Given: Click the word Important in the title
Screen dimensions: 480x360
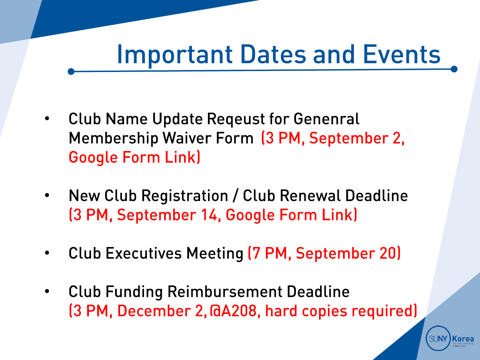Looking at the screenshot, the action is tap(175, 55).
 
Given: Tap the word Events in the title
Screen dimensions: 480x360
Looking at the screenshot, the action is tap(402, 54).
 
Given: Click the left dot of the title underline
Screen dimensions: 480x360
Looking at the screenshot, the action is tap(71, 71).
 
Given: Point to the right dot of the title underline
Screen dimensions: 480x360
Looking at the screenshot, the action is tap(454, 69).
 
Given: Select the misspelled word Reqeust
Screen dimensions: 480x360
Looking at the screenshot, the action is tap(236, 119).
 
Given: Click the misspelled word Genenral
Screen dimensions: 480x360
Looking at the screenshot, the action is tap(326, 119).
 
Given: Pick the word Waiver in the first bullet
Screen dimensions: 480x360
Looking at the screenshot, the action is tap(187, 138).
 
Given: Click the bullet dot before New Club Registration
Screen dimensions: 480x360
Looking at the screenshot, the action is tap(47, 195).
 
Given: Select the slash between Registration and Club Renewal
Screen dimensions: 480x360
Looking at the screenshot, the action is tap(236, 196).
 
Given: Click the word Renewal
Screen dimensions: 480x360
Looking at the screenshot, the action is tap(310, 196).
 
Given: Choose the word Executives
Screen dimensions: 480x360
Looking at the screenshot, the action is tap(144, 253).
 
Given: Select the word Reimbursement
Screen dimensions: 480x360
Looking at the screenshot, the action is tap(225, 292).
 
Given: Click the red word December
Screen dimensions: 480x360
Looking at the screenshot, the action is tap(154, 311).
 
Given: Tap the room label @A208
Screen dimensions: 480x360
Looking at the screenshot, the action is tap(233, 311).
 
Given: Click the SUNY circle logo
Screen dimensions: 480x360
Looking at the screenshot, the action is tap(438, 339).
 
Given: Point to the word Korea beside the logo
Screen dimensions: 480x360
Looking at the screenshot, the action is tap(463, 339).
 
